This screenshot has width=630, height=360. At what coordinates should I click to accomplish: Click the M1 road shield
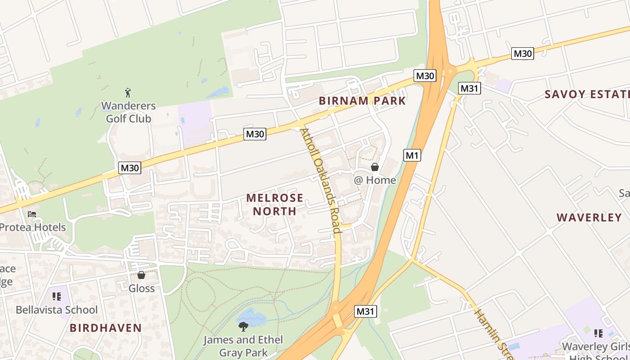click(x=412, y=156)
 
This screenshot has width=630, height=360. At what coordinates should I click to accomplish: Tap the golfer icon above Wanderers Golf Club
click(x=128, y=93)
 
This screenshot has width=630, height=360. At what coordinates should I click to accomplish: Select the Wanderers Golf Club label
click(x=128, y=112)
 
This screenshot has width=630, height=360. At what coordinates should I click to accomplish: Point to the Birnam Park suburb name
click(x=362, y=101)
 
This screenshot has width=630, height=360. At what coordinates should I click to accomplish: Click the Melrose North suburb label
click(x=274, y=204)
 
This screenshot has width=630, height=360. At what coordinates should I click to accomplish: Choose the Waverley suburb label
click(x=589, y=218)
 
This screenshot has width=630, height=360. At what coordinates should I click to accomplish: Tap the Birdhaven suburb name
click(x=106, y=328)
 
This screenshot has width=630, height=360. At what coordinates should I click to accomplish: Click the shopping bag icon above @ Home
click(x=374, y=167)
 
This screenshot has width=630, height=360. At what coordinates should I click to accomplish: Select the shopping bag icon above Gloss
click(x=141, y=275)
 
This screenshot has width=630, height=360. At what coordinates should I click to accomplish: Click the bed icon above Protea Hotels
click(x=32, y=214)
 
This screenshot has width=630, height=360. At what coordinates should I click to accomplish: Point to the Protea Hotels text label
click(x=32, y=227)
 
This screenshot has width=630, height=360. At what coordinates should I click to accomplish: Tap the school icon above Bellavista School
click(x=56, y=297)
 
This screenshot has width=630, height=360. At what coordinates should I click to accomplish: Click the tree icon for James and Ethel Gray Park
click(x=243, y=326)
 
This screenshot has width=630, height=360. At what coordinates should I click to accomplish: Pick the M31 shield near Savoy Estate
click(x=469, y=89)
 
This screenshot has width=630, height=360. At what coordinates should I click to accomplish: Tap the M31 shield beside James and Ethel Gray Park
click(x=365, y=311)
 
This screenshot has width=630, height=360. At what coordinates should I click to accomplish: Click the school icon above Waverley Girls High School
click(x=598, y=333)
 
